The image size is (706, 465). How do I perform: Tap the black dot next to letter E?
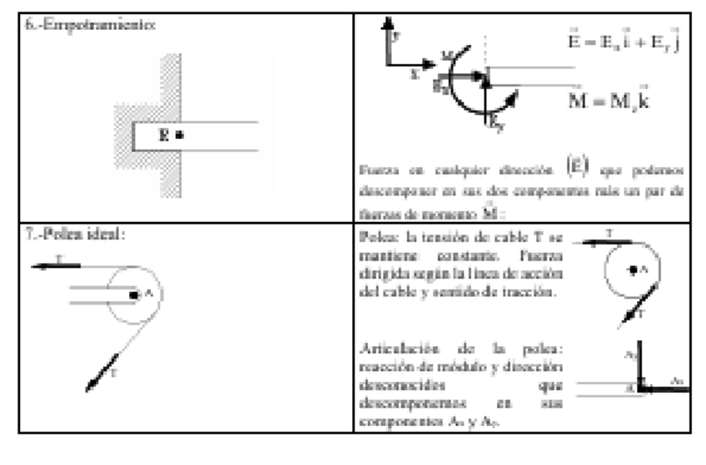(180, 134)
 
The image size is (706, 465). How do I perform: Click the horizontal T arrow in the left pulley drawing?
(56, 265)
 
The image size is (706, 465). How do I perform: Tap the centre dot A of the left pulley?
(132, 294)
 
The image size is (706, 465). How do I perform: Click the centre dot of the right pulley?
(633, 269)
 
